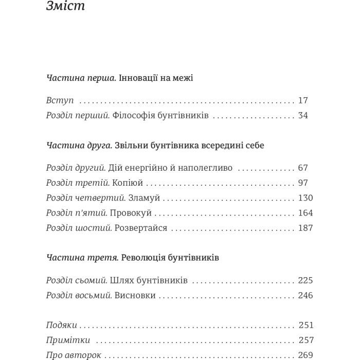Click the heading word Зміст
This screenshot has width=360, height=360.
[65, 7]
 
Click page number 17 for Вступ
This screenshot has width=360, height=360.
[303, 100]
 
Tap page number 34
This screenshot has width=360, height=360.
[303, 115]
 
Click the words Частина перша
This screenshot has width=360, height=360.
[81, 78]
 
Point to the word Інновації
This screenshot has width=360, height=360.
[137, 78]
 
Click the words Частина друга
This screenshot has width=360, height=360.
[79, 146]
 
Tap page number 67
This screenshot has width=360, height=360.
[303, 168]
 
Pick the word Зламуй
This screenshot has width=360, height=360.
[145, 197]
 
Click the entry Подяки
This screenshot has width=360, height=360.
[62, 325]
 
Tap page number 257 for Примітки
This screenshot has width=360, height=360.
[305, 340]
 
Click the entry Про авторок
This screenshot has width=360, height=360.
[74, 355]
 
